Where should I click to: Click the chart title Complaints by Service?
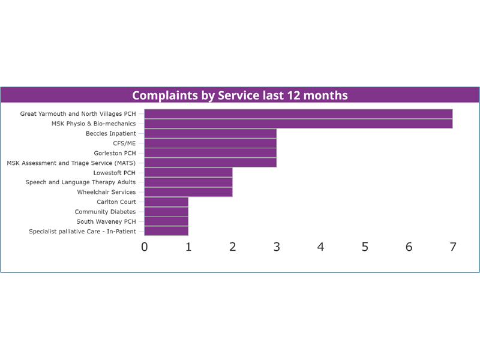coord(240,95)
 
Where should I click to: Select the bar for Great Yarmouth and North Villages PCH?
coord(298,114)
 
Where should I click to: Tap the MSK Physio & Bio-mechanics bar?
coord(298,124)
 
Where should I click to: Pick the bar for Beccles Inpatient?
coord(210,133)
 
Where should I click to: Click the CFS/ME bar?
coord(210,143)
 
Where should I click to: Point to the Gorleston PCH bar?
coord(210,153)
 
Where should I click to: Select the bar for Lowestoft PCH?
coord(188,173)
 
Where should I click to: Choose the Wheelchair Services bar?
coord(188,192)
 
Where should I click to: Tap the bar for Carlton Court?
coord(166,202)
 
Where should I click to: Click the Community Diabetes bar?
coord(166,212)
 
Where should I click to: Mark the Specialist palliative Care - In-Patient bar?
coord(166,231)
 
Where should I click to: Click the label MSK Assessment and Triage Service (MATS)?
coord(71,163)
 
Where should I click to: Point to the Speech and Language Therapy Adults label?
coord(80,182)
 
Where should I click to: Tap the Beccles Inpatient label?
coord(110,134)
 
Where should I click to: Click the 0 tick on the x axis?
coord(145,247)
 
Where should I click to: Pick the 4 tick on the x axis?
coord(321,247)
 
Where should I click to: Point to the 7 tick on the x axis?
coord(453,247)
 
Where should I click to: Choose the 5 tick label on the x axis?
coord(365,247)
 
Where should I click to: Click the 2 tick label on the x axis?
coord(233,247)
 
